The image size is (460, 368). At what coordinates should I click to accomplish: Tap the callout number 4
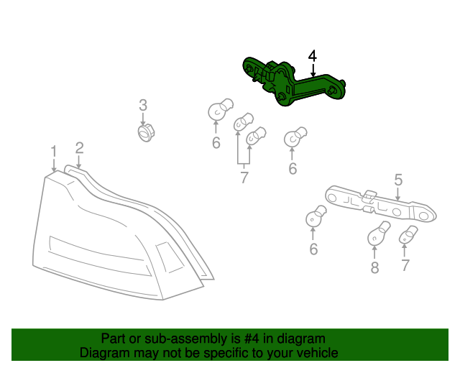click(312, 56)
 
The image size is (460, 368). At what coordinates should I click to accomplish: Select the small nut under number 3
click(146, 133)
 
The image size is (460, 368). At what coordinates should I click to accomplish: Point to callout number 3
click(143, 106)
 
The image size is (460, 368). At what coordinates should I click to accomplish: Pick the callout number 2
click(79, 147)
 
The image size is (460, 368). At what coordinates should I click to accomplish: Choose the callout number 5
click(397, 180)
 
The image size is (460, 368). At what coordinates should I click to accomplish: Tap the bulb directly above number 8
click(378, 233)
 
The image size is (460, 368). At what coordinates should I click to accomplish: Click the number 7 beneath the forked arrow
click(244, 178)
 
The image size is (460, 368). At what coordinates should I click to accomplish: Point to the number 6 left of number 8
click(313, 249)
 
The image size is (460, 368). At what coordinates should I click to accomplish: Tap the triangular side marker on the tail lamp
click(170, 257)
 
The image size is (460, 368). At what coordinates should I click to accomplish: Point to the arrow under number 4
click(312, 70)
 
